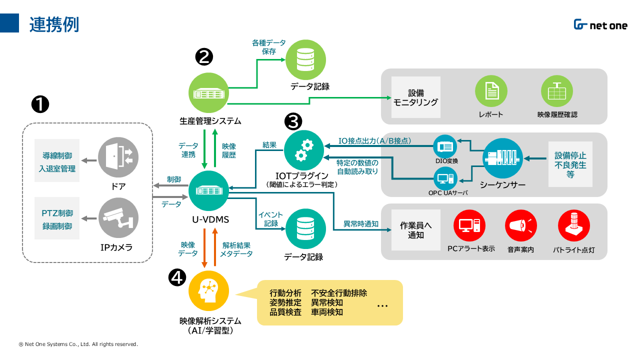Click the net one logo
600,25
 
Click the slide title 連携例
54,24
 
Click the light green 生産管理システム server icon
208,93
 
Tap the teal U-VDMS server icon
208,190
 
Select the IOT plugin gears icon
304,150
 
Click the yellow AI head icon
208,290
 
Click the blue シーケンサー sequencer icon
502,158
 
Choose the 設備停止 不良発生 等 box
570,164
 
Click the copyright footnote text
78,344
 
